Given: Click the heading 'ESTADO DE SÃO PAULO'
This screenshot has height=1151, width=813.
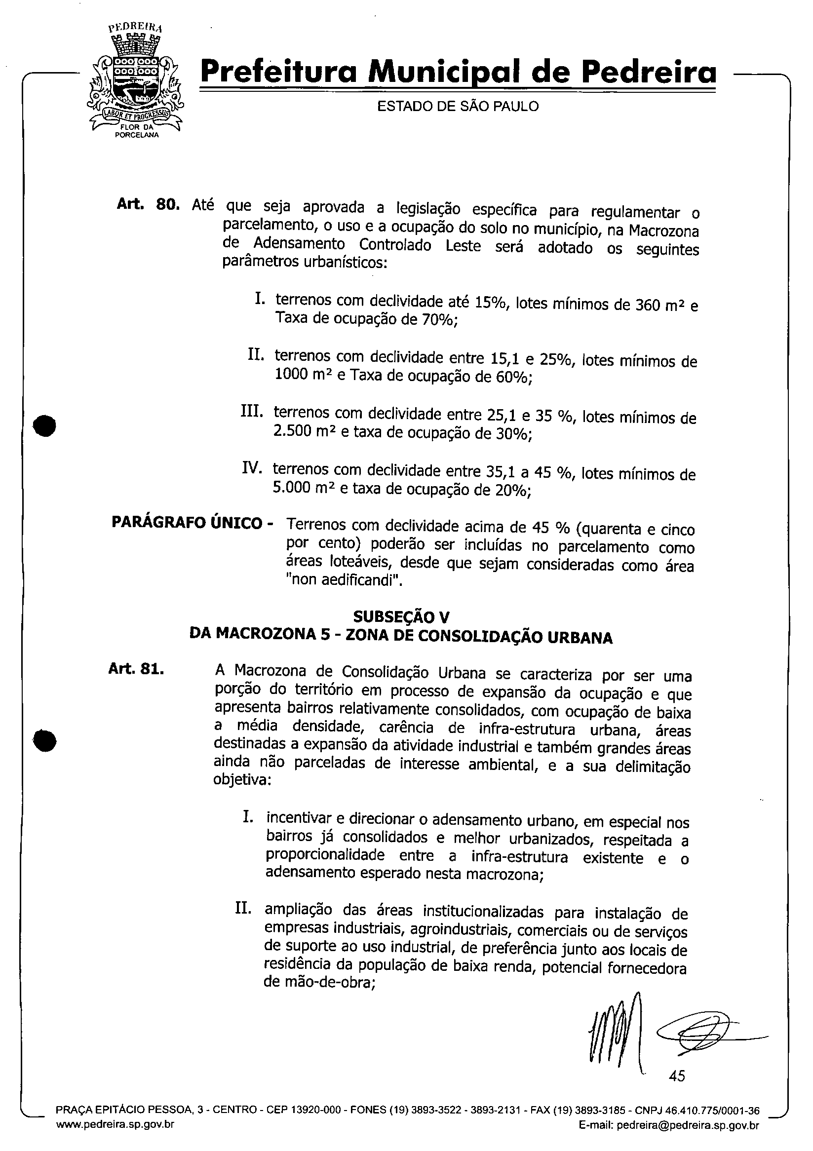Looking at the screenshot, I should coord(457,107).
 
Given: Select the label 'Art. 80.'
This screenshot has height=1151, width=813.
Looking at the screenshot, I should coord(148,204).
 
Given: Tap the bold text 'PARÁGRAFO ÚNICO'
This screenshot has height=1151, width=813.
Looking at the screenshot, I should coord(187,523).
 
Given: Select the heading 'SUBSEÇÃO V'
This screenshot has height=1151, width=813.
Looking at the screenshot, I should coord(401,616).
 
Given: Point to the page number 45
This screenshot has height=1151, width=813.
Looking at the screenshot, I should coord(677,1076).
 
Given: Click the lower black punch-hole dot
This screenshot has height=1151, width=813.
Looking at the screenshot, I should coord(44,740).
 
